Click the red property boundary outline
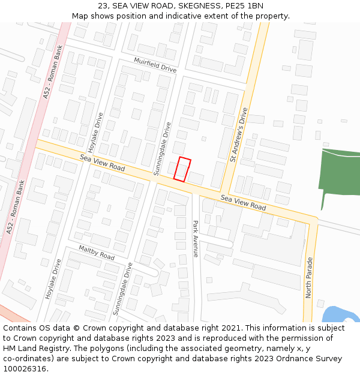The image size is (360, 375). [x=182, y=169]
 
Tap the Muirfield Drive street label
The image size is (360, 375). [x=155, y=65]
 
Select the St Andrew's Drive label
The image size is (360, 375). [x=239, y=135]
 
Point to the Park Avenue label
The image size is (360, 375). [x=195, y=239]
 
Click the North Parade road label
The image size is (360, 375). [x=309, y=277]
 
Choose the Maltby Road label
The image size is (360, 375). [x=97, y=253]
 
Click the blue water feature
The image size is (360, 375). [x=343, y=314]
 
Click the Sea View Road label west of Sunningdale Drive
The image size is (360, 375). [x=103, y=163]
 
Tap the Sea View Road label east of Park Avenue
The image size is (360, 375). [x=243, y=202]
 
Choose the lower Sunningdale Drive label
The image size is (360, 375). [x=122, y=288]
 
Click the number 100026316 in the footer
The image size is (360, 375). [x=25, y=368]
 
